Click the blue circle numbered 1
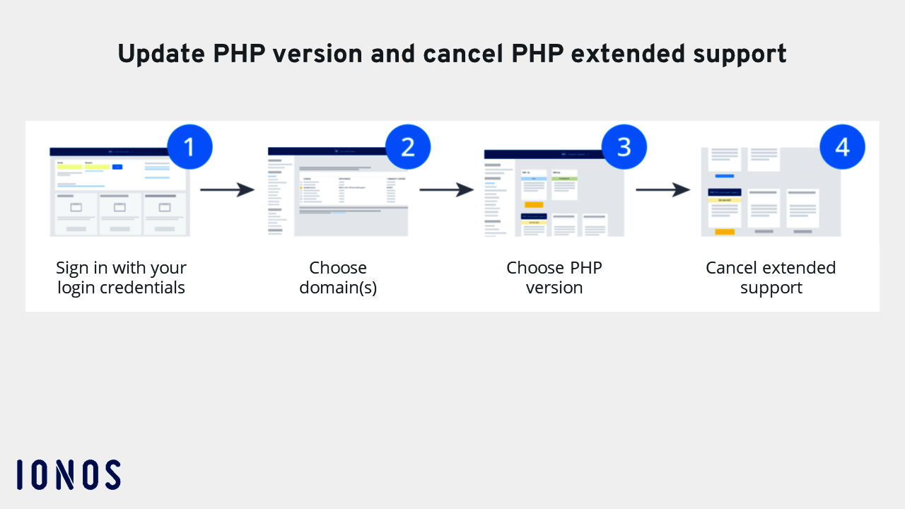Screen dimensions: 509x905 point(189,147)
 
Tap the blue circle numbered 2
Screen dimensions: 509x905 point(408,147)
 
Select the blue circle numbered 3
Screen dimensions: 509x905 point(624,147)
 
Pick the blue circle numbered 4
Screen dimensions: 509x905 point(842,147)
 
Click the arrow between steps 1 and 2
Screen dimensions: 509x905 point(227,189)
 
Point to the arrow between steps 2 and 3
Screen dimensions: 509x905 point(446,189)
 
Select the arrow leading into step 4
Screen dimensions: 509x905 point(662,189)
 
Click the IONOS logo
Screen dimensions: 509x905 point(69,474)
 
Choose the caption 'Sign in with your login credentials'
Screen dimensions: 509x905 point(121,278)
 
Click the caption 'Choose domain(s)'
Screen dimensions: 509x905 point(338,278)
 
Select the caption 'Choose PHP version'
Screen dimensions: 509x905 point(554,278)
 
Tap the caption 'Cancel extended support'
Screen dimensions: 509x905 point(771,278)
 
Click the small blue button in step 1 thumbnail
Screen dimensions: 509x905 point(117,167)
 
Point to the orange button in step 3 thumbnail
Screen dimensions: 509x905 point(534,205)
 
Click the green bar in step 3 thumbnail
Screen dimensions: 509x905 point(564,179)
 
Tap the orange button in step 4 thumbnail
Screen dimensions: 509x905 point(725,232)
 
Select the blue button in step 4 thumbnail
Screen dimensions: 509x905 point(725,175)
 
